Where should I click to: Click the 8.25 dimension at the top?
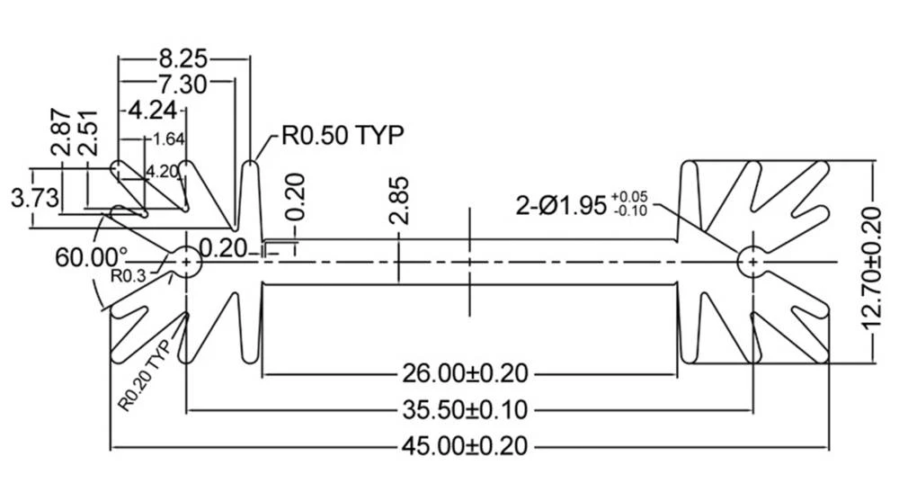pyautogui.click(x=183, y=59)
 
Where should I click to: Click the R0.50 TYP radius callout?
pyautogui.click(x=343, y=136)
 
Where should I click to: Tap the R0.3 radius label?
pyautogui.click(x=128, y=276)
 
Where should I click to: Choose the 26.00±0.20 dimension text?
pyautogui.click(x=466, y=371)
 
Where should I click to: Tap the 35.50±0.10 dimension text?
pyautogui.click(x=466, y=410)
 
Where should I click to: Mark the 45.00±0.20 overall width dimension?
pyautogui.click(x=466, y=445)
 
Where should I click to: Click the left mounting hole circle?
pyautogui.click(x=186, y=262)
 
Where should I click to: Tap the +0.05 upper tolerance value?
pyautogui.click(x=629, y=196)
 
